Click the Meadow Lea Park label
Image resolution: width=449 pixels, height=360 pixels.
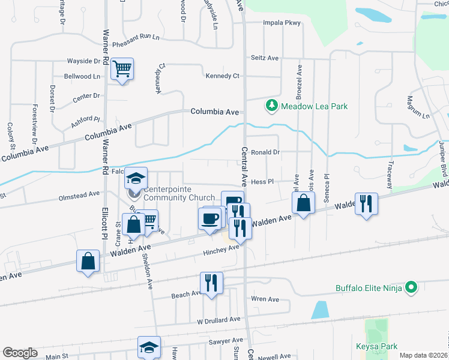315,106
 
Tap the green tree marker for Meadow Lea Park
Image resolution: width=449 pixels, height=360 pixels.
272,106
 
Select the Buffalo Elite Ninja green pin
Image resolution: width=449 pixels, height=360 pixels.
411,288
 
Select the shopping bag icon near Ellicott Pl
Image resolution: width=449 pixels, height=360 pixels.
88,261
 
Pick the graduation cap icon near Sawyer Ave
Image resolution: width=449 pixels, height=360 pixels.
149,347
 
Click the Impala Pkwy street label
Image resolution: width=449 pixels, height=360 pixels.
281,23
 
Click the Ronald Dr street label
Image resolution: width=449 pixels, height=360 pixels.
265,152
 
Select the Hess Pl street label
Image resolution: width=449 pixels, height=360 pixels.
262,181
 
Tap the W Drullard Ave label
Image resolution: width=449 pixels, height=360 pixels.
219,320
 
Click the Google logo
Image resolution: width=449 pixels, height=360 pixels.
20,353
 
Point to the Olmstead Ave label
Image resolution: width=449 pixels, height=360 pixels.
79,194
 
